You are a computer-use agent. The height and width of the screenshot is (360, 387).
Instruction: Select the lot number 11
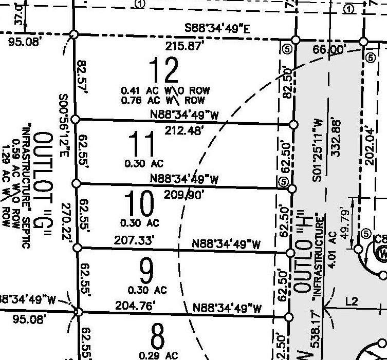coord(141,144)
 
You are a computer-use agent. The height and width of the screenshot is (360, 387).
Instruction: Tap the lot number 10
coord(139,204)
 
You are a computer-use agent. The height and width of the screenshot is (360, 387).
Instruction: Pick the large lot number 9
coord(146,272)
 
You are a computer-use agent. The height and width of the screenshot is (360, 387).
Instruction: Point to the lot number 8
coord(157,337)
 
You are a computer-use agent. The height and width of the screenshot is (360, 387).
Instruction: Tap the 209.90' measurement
coord(183,195)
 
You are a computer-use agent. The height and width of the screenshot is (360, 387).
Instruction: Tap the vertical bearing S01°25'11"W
coord(318,149)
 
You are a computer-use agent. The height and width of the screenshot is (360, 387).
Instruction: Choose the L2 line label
coord(352,302)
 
